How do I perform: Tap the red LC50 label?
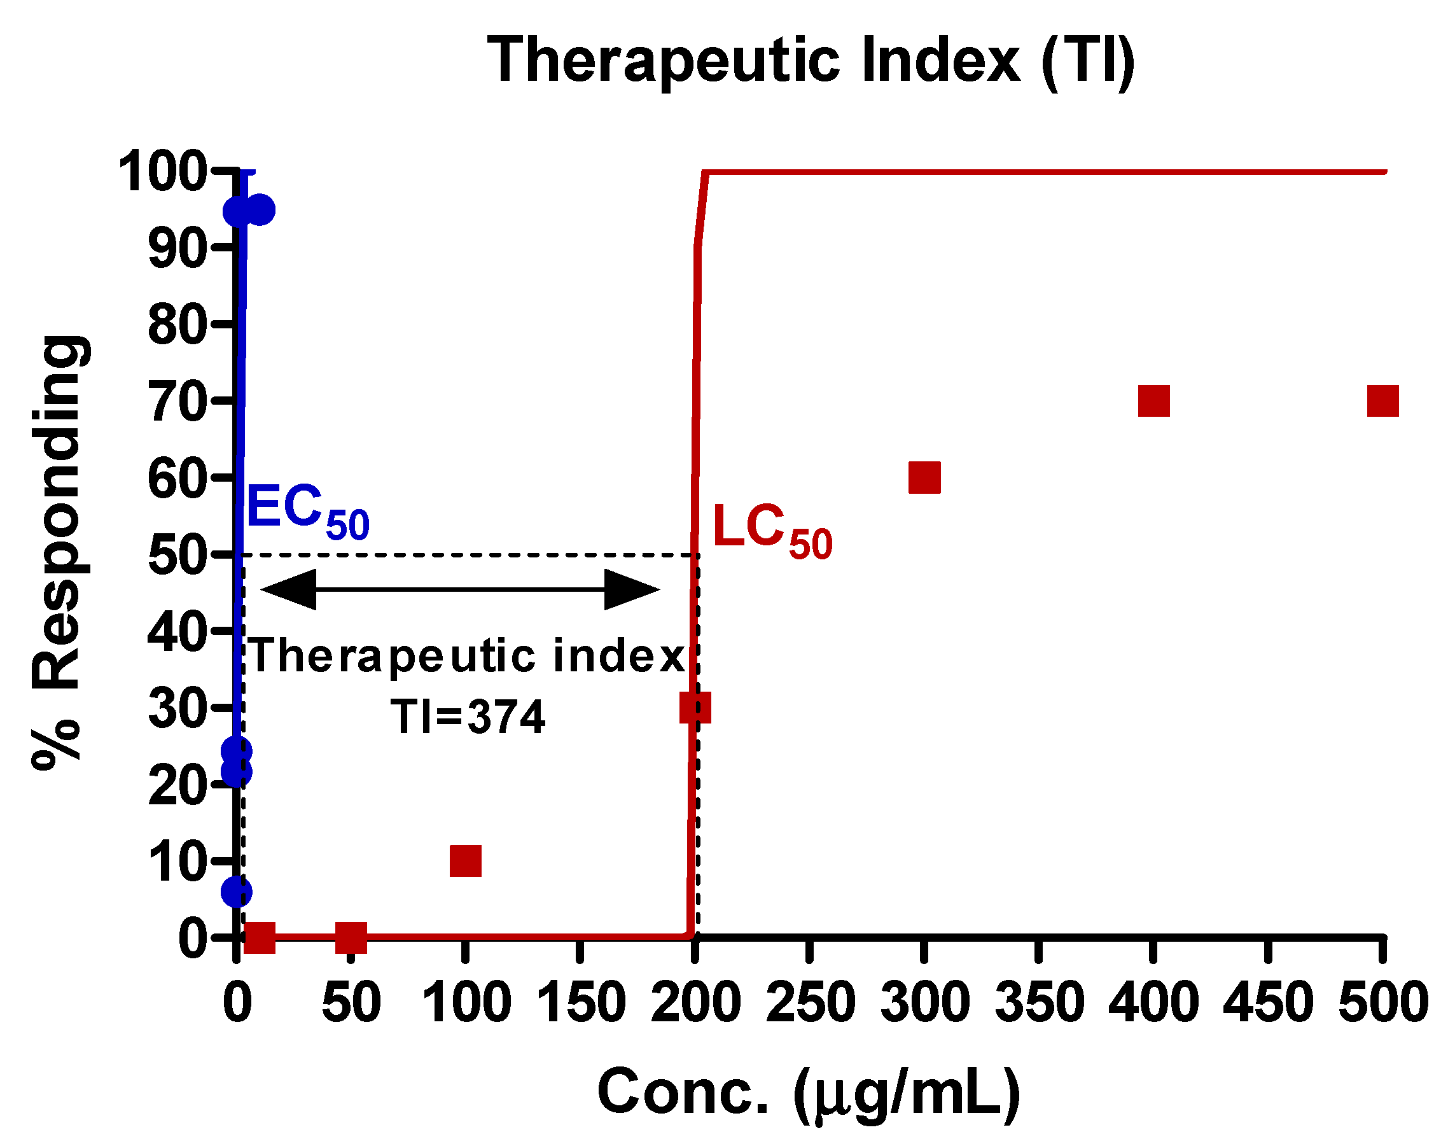click(x=772, y=530)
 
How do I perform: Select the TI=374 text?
click(x=468, y=716)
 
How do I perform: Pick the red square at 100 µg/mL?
click(x=466, y=862)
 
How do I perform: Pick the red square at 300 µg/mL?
click(x=924, y=478)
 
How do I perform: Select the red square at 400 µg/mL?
click(x=1154, y=402)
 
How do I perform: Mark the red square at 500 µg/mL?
click(x=1382, y=402)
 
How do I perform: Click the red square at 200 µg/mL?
click(x=695, y=708)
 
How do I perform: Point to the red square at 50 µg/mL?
click(x=351, y=937)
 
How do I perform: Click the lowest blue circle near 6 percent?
click(x=237, y=891)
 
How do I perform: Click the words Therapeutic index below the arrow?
click(x=468, y=656)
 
